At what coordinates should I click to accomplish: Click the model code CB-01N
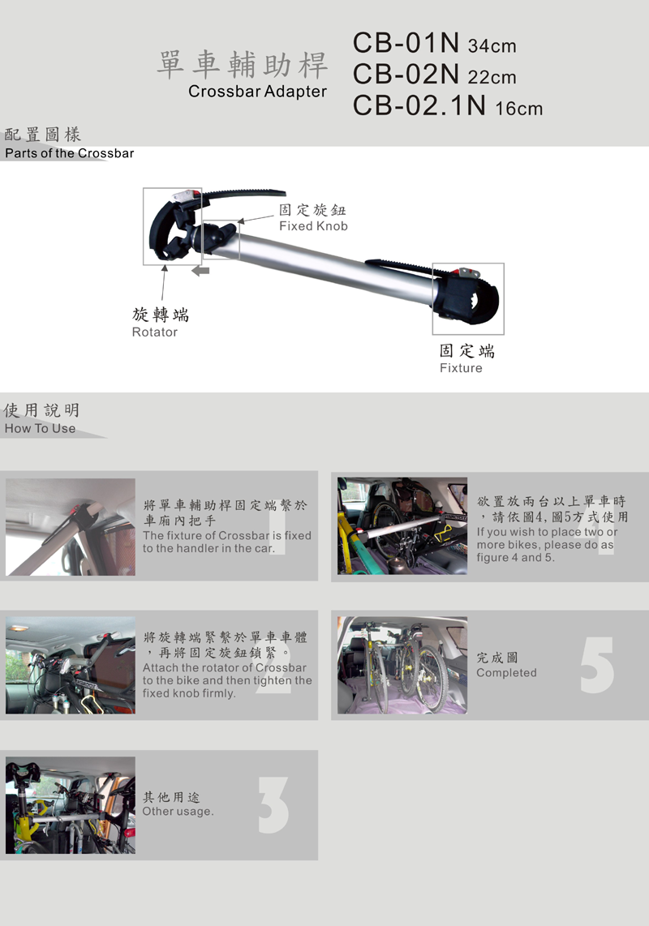[x=406, y=42]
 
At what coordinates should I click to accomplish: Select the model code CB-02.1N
[x=419, y=105]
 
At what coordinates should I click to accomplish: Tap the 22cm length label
[x=492, y=77]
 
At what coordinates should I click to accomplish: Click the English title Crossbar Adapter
[x=257, y=92]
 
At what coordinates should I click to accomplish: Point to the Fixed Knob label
[x=313, y=226]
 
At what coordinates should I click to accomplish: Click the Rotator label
[x=155, y=332]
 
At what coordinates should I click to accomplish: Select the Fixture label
[x=461, y=368]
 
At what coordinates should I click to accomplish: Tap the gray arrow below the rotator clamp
[x=201, y=271]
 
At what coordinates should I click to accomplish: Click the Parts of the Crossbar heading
[x=70, y=153]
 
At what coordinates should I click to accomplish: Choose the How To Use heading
[x=41, y=429]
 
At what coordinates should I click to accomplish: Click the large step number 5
[x=597, y=665]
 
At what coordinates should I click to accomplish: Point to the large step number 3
[x=273, y=805]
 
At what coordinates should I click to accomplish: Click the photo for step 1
[x=71, y=527]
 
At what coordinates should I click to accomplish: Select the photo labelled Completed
[x=402, y=665]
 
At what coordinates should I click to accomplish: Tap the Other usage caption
[x=178, y=812]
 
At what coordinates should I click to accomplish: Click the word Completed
[x=506, y=673]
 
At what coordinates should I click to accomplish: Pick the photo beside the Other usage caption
[x=71, y=805]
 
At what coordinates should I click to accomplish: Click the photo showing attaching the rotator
[x=71, y=665]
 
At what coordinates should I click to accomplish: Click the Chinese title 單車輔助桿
[x=243, y=65]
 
